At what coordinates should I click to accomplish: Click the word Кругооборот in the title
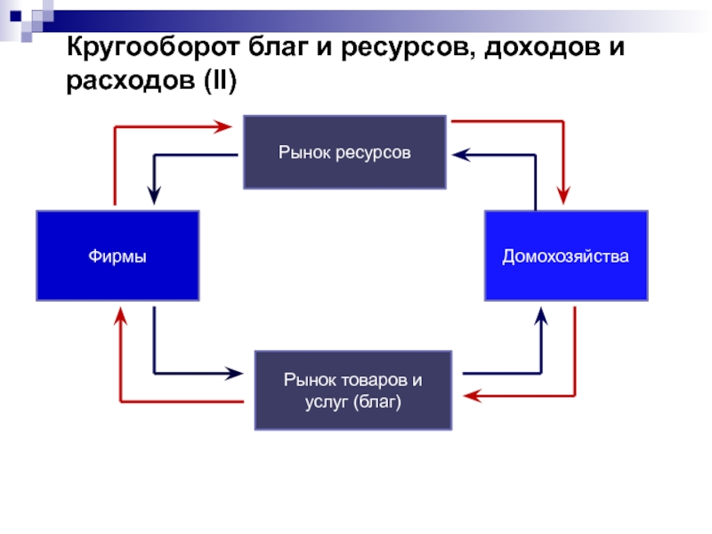click(x=152, y=47)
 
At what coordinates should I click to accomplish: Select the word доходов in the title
click(x=542, y=47)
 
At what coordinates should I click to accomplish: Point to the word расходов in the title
click(x=130, y=81)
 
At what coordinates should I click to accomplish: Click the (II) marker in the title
click(x=220, y=81)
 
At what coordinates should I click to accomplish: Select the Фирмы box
click(x=117, y=255)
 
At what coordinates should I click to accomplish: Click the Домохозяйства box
click(x=566, y=255)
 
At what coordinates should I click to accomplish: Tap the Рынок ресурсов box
click(x=344, y=152)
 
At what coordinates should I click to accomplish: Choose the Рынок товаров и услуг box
click(x=353, y=391)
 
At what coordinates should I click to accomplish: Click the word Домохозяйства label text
click(x=566, y=256)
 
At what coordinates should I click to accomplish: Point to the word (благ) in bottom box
click(x=376, y=402)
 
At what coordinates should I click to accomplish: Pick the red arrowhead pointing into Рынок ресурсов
click(x=223, y=126)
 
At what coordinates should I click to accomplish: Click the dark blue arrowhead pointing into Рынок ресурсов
click(x=462, y=155)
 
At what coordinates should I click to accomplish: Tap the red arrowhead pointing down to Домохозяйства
click(x=563, y=195)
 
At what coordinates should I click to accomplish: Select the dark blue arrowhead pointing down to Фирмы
click(x=154, y=195)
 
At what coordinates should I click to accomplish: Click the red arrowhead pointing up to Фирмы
click(x=120, y=316)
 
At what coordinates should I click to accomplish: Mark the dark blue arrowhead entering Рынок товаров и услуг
click(x=234, y=373)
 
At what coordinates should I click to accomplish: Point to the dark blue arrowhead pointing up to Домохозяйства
click(x=541, y=316)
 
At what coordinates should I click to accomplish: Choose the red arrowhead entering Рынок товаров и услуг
click(x=473, y=396)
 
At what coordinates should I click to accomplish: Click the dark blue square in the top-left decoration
click(x=15, y=16)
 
